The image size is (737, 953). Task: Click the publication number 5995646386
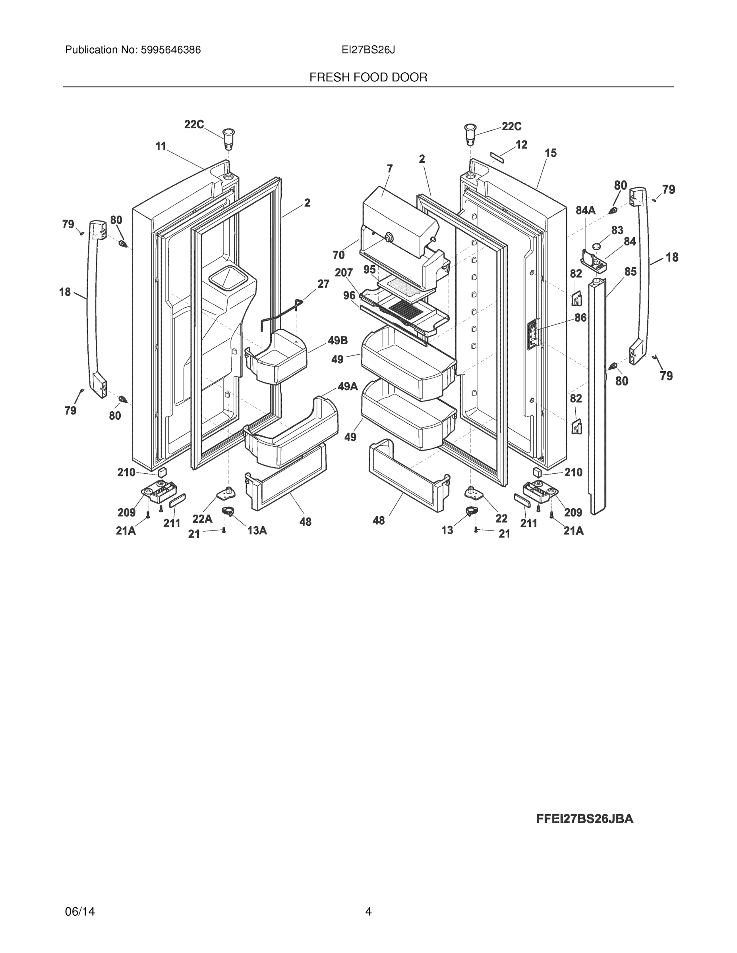[170, 50]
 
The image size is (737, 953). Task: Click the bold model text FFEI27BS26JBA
[584, 819]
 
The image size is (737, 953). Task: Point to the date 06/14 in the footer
[80, 912]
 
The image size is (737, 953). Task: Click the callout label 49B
[337, 340]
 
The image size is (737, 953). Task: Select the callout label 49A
[348, 386]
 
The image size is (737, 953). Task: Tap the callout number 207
[344, 273]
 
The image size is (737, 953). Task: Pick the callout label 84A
[585, 210]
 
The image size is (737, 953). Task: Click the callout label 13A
[257, 530]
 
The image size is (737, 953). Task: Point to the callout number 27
[323, 284]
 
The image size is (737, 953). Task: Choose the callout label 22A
[202, 519]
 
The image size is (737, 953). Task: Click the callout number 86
[580, 318]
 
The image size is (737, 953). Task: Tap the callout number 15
[551, 153]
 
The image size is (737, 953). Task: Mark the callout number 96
[349, 296]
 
